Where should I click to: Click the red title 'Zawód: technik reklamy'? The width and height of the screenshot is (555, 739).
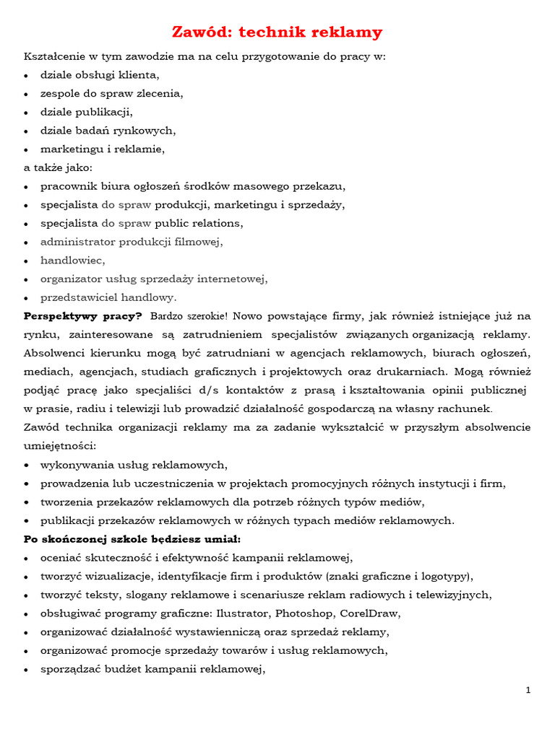tap(277, 32)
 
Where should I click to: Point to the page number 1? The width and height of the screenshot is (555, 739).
tap(528, 691)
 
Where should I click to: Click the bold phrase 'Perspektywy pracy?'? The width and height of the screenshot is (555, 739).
tap(83, 315)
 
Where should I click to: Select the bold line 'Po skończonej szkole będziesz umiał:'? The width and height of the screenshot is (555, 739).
tap(132, 538)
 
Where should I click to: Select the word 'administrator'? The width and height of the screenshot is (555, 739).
tap(77, 242)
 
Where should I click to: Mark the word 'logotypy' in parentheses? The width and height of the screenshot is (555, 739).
tap(445, 576)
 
